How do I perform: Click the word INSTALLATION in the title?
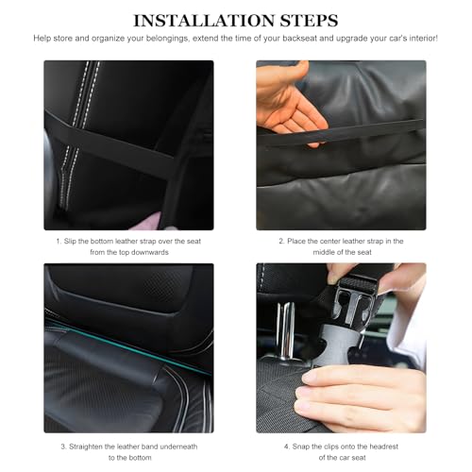(205, 21)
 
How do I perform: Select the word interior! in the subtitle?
(424, 39)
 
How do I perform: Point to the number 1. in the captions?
(59, 242)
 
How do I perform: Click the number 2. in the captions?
(282, 242)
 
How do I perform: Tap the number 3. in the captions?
(64, 447)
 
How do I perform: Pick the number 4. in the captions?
(287, 447)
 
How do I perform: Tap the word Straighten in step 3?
(86, 447)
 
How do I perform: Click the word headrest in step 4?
(384, 447)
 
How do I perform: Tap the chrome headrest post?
(286, 330)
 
